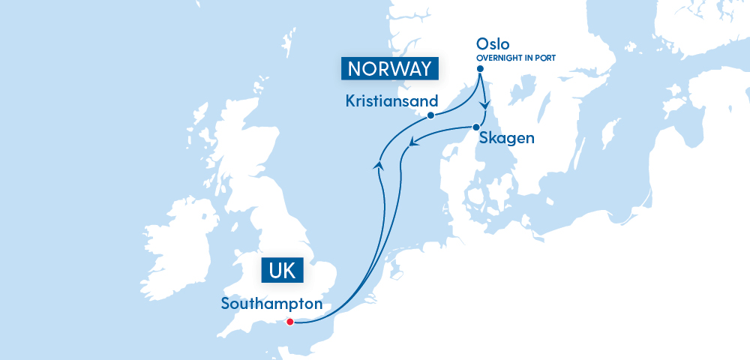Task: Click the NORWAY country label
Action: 388,69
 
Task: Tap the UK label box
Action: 281,271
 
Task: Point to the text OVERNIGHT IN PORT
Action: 516,57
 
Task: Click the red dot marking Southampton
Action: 290,322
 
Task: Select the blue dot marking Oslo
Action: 480,70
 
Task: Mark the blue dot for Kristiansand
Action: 430,115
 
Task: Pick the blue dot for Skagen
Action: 475,127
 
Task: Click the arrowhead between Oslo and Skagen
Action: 485,103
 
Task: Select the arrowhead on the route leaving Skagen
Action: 412,141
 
